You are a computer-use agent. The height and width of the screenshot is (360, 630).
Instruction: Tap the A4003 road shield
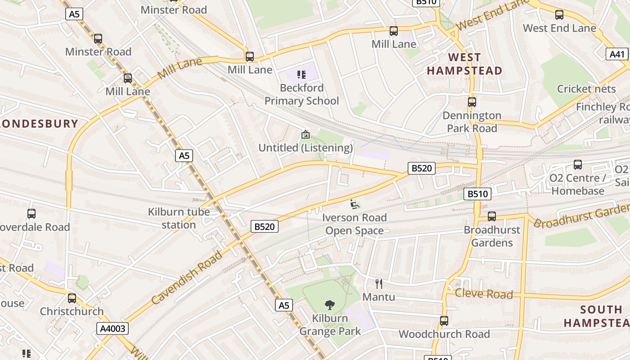pos(112,329)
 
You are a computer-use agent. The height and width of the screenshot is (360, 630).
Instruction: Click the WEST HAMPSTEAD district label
pos(464,64)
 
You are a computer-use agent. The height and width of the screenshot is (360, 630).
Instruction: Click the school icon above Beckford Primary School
pos(301,74)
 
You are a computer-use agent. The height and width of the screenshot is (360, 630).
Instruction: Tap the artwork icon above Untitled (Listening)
pos(306,134)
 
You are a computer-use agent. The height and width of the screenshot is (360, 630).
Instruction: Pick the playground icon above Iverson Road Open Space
pos(355,204)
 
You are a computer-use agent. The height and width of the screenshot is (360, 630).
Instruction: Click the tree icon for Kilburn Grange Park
pos(330,305)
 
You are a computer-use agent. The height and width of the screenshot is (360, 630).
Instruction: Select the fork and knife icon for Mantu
pos(379,284)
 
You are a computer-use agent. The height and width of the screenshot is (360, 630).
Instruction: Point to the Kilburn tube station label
pos(179,218)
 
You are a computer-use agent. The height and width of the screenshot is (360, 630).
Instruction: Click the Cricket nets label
pos(586,89)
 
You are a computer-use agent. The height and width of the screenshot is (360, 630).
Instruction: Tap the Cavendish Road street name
pos(187,278)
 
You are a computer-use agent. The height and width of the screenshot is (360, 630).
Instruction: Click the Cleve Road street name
pos(484,294)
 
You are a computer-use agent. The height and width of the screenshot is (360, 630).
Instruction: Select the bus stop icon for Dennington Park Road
pos(472,102)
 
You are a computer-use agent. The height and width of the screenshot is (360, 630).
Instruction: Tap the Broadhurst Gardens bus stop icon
pos(492,216)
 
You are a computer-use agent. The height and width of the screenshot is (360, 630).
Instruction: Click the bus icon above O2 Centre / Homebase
pos(578,165)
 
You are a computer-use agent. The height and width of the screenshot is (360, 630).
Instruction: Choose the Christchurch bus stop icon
pos(72,298)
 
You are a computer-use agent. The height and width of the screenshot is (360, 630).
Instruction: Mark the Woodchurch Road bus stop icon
pos(444,321)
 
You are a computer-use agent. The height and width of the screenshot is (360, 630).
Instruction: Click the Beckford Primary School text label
pos(301,94)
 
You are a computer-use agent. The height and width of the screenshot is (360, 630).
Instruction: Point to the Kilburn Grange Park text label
pos(330,325)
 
